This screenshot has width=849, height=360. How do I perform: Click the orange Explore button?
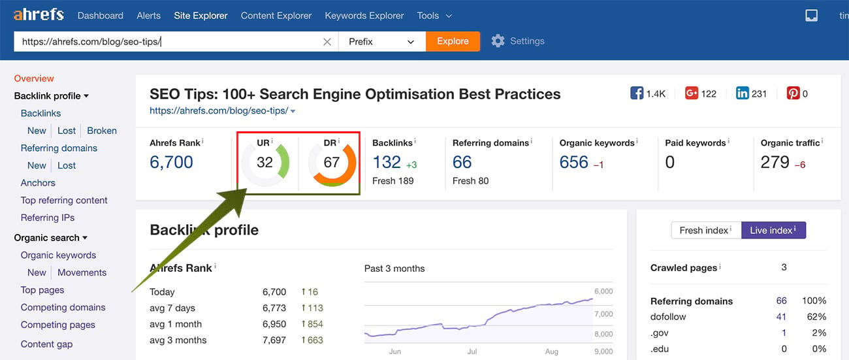click(453, 41)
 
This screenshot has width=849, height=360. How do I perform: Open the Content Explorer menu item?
click(276, 15)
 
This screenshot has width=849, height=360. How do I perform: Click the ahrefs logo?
click(39, 14)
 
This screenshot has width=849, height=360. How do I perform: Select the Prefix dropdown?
click(381, 41)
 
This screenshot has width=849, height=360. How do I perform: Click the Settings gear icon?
click(498, 41)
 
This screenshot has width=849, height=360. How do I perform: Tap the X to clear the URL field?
click(327, 41)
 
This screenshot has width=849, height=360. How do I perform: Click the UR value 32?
click(264, 162)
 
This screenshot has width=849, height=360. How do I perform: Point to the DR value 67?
click(332, 162)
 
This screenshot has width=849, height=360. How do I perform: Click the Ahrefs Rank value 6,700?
click(171, 162)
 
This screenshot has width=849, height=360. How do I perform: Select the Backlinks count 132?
click(387, 162)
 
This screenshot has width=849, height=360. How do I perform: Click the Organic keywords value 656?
click(574, 162)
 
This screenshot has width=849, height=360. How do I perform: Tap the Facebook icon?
click(637, 93)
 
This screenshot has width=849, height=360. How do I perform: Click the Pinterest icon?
click(793, 93)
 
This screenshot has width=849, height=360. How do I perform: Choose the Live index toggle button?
click(773, 230)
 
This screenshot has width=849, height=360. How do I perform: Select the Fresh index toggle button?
click(706, 230)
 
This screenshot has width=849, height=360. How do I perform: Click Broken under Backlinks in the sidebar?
click(102, 131)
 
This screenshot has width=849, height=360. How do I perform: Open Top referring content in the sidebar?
click(64, 201)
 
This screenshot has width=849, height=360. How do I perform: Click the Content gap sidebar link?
click(46, 344)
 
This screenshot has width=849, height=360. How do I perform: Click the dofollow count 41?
click(781, 317)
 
